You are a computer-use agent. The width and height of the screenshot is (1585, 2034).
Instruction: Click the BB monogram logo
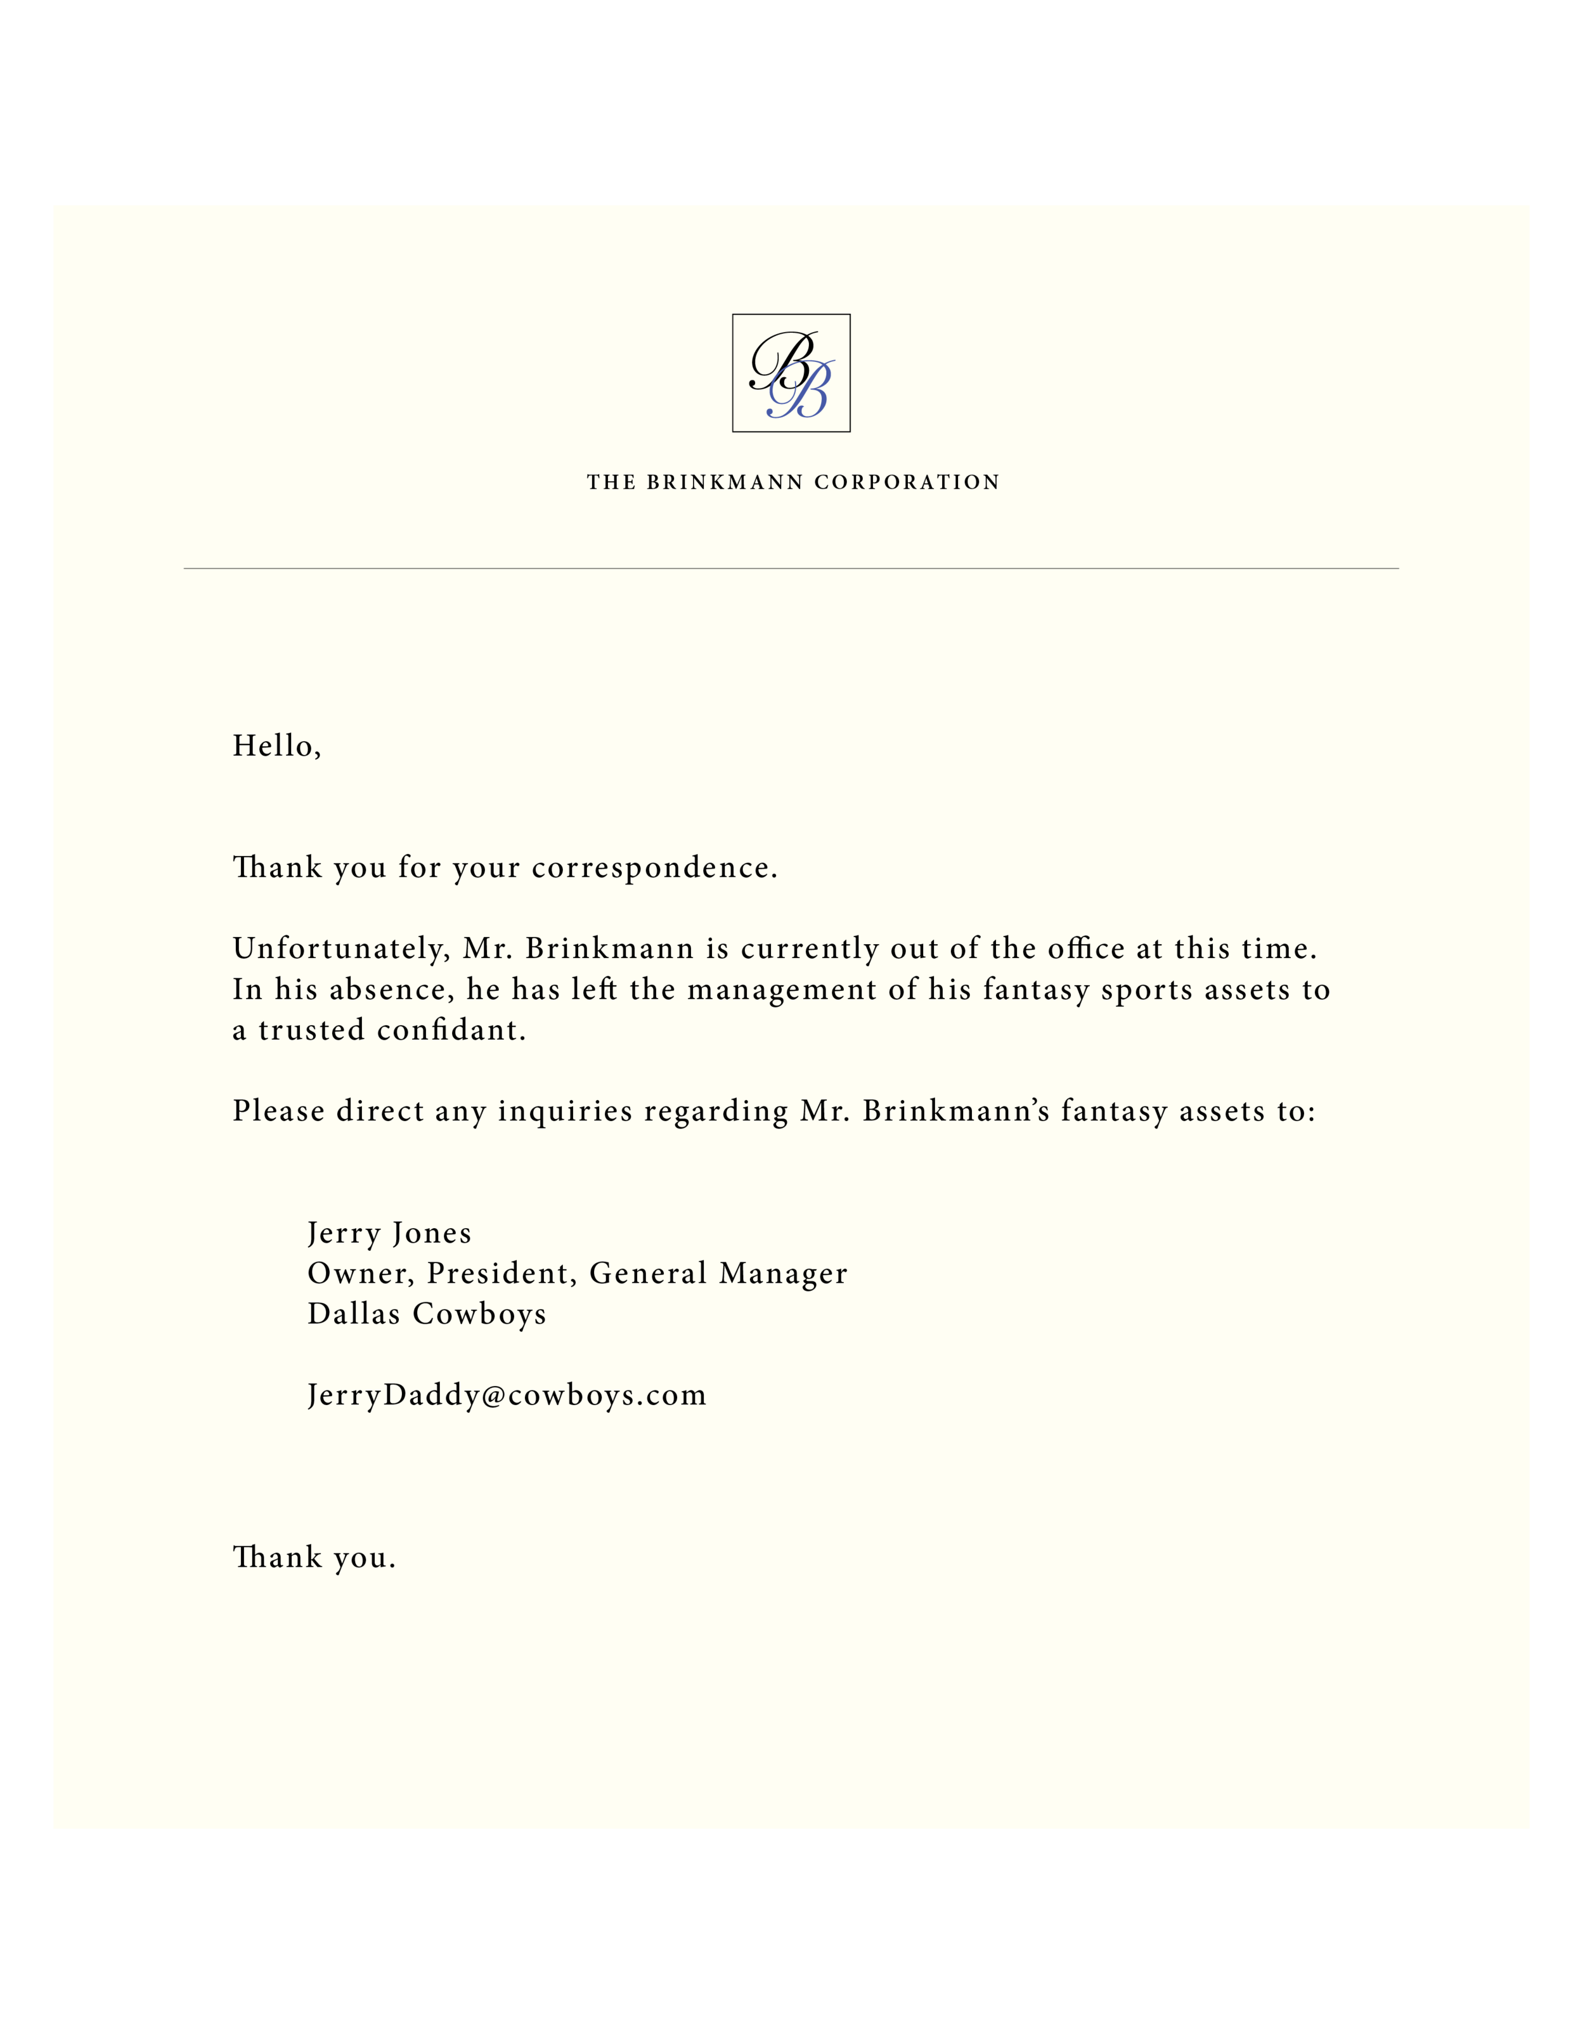point(791,373)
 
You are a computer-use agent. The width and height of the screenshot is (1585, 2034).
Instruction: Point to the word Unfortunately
point(340,949)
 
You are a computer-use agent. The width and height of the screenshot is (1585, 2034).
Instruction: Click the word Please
point(278,1111)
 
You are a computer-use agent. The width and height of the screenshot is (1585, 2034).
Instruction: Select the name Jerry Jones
point(389,1233)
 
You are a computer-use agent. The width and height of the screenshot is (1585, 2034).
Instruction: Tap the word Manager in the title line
point(783,1273)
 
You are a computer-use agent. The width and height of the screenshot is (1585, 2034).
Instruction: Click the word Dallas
point(354,1314)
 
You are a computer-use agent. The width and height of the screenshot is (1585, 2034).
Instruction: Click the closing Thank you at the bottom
point(314,1557)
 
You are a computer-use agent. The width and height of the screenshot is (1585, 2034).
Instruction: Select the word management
point(781,990)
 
